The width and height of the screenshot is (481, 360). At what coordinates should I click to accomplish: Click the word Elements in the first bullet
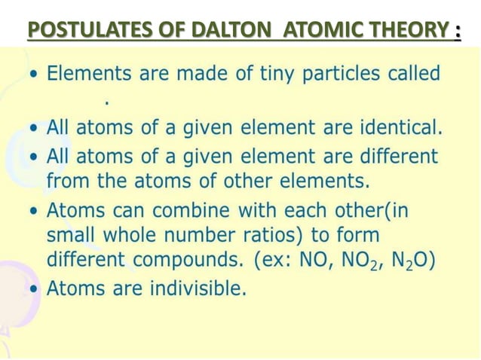click(x=90, y=75)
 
